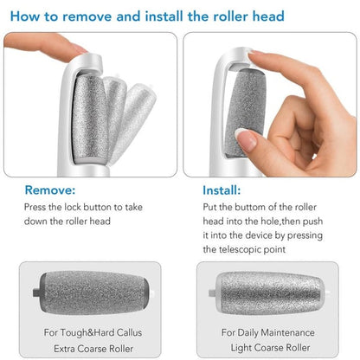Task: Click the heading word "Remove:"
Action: (49, 189)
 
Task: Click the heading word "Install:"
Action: (228, 189)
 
